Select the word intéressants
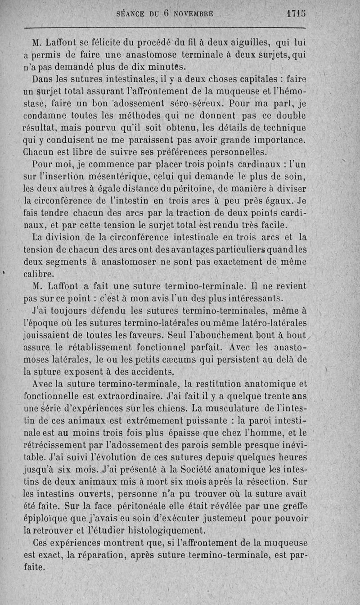point(250,298)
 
